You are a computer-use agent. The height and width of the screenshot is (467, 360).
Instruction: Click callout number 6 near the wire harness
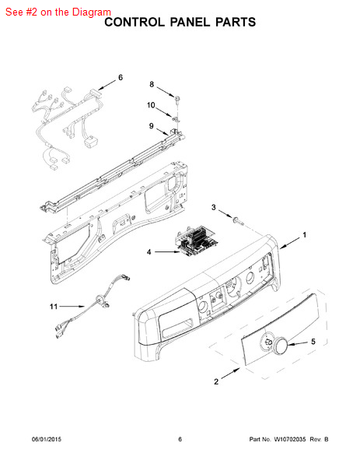pos(121,77)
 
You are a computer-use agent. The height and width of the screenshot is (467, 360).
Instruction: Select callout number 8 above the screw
pos(152,85)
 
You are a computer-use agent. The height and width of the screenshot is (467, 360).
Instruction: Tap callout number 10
pos(151,105)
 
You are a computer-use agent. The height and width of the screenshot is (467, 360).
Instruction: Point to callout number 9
pos(152,126)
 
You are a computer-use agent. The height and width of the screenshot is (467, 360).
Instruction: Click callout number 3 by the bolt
pos(214,207)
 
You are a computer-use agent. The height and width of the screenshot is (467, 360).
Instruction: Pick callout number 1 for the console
pos(304,235)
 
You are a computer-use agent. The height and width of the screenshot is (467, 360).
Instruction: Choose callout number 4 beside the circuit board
pos(149,252)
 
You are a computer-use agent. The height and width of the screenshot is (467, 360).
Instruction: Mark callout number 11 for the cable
pos(54,306)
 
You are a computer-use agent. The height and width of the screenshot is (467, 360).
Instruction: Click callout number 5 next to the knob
pos(313,342)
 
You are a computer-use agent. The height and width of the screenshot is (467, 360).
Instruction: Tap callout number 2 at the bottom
pos(216,381)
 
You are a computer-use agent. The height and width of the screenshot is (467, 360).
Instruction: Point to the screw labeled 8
pos(177,99)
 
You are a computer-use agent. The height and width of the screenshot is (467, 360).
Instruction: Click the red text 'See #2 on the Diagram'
pos(58,12)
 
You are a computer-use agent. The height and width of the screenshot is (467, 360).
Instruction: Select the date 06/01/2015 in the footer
pos(47,439)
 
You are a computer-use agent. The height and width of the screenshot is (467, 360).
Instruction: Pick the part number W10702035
pos(289,439)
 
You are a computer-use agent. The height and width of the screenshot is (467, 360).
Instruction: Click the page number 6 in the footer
pos(180,439)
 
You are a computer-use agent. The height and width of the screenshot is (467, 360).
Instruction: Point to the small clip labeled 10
pos(176,119)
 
